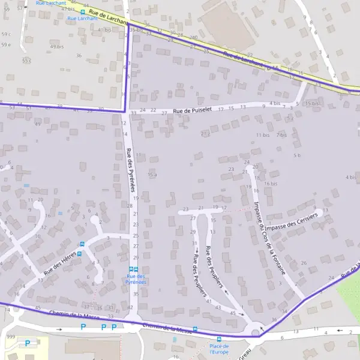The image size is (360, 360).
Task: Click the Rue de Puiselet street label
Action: click(x=193, y=110)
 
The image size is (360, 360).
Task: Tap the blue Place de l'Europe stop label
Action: click(x=219, y=349)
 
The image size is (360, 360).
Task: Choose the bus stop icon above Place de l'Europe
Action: click(x=219, y=339)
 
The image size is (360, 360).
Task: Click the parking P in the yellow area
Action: click(x=28, y=343)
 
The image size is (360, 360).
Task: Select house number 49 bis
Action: click(x=56, y=46)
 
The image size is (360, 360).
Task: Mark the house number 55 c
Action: click(x=26, y=61)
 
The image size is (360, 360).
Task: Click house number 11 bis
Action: click(x=263, y=135)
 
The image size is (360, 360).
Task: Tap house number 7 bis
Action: click(x=281, y=135)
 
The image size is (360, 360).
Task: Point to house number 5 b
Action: click(x=296, y=155)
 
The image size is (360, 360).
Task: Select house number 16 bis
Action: click(x=271, y=184)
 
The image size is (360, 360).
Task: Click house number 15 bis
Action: click(x=313, y=103)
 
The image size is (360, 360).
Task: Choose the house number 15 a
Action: click(x=152, y=175)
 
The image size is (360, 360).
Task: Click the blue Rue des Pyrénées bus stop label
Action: click(x=135, y=278)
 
